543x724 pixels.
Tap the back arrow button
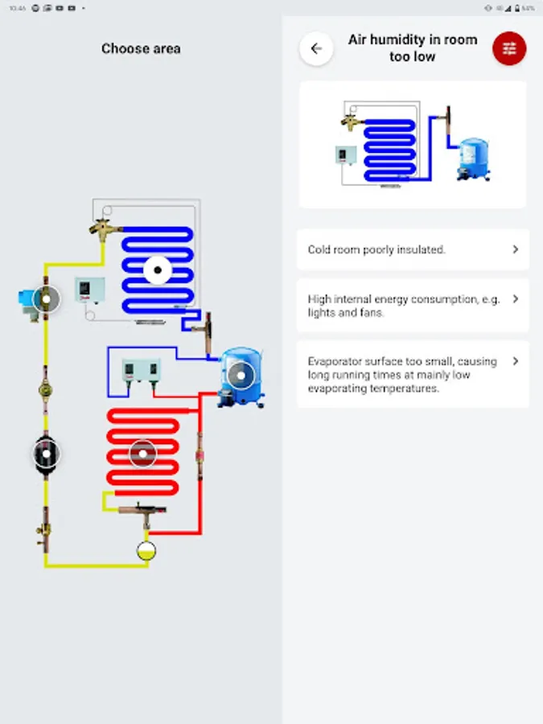pyautogui.click(x=316, y=49)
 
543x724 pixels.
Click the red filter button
pyautogui.click(x=509, y=49)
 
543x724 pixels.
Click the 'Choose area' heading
pyautogui.click(x=141, y=48)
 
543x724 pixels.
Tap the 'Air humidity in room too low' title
pyautogui.click(x=413, y=48)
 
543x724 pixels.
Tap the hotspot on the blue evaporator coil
pyautogui.click(x=158, y=271)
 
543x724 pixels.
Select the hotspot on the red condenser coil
pyautogui.click(x=142, y=454)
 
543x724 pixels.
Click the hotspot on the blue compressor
pyautogui.click(x=239, y=375)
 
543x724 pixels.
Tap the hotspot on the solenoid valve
pyautogui.click(x=46, y=299)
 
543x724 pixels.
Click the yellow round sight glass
pyautogui.click(x=146, y=551)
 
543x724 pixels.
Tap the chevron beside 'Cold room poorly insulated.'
pyautogui.click(x=516, y=249)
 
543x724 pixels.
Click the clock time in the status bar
pyautogui.click(x=16, y=8)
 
